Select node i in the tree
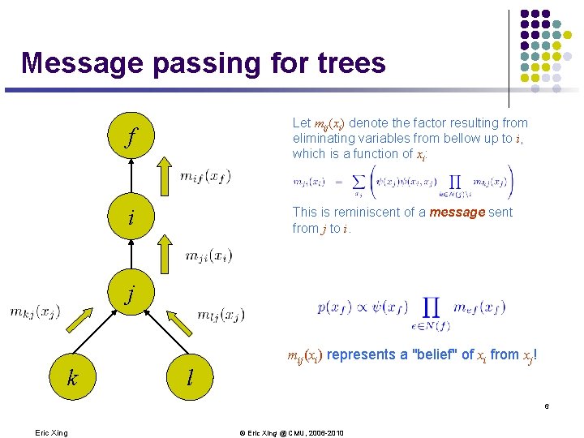point(130,219)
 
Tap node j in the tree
point(130,292)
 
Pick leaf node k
point(72,377)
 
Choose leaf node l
point(189,377)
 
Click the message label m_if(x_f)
point(205,176)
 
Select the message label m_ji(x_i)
point(208,256)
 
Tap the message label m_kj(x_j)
point(35,311)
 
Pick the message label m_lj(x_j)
point(221,315)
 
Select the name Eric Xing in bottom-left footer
point(52,432)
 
